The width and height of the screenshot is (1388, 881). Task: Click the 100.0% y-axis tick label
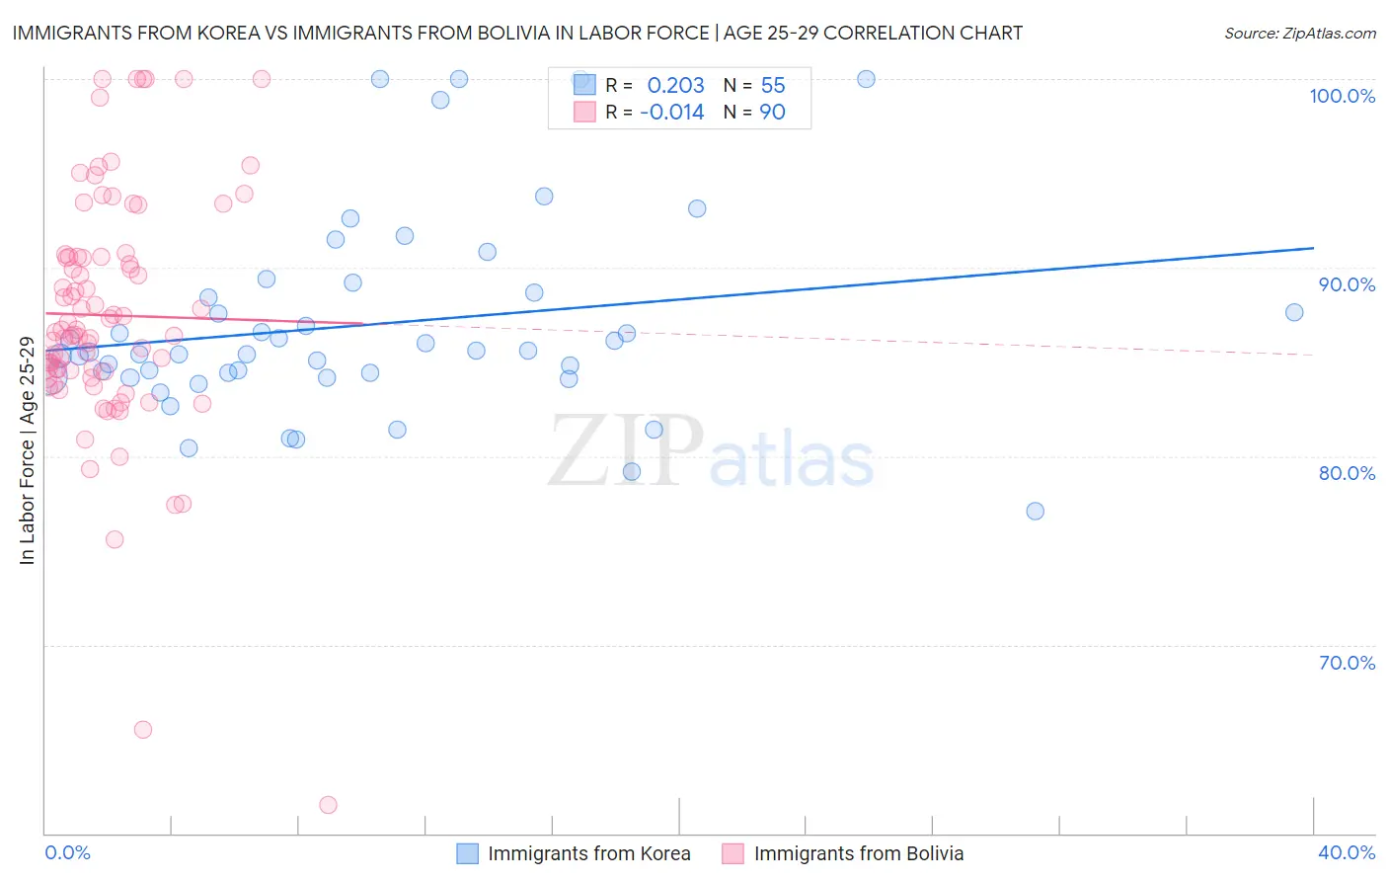(x=1342, y=96)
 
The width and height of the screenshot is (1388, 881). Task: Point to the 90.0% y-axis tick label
(x=1347, y=284)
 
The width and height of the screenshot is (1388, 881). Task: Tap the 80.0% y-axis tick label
(x=1347, y=473)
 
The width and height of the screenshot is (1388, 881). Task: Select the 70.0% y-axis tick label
(x=1347, y=663)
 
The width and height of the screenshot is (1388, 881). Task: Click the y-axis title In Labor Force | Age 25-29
(x=27, y=450)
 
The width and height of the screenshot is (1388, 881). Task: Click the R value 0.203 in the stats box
(x=675, y=86)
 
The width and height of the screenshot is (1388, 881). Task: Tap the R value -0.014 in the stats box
(x=671, y=113)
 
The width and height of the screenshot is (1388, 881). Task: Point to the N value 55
(x=773, y=86)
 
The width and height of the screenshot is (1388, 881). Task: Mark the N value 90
(x=773, y=113)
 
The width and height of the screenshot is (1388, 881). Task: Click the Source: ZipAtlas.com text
(x=1299, y=34)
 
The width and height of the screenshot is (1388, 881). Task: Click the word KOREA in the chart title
(x=212, y=33)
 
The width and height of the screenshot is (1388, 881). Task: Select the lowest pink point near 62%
(x=329, y=805)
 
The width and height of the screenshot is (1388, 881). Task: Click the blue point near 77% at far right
(x=1035, y=511)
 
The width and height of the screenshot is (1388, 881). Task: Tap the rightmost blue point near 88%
(x=1294, y=312)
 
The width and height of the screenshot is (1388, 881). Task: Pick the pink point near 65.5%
(x=142, y=730)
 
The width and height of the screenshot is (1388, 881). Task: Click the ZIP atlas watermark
(x=711, y=451)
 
